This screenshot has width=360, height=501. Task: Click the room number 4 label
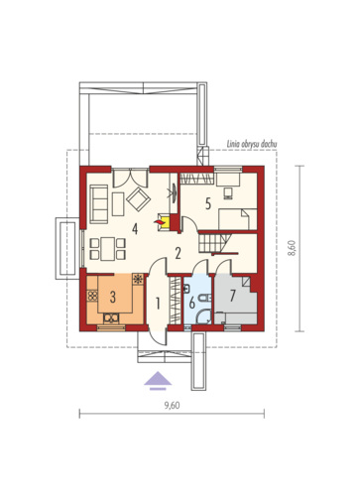tap(135, 229)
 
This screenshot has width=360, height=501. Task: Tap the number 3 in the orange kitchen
tap(113, 297)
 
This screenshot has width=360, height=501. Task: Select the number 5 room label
tap(208, 203)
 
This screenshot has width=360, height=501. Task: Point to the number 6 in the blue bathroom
tap(192, 303)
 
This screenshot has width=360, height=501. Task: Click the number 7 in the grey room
tap(232, 296)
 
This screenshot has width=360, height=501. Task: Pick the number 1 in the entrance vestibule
tap(158, 304)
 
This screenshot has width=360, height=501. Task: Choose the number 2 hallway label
tap(178, 254)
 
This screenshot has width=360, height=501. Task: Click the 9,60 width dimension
tap(173, 406)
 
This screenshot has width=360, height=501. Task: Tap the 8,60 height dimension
tap(292, 248)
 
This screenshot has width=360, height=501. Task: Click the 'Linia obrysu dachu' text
tap(252, 144)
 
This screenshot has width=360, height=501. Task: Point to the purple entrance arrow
tap(158, 381)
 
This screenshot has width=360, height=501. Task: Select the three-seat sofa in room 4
tap(99, 203)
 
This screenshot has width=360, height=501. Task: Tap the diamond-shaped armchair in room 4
tap(138, 199)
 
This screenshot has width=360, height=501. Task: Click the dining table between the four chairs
tap(108, 249)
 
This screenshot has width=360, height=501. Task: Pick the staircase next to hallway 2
tap(215, 243)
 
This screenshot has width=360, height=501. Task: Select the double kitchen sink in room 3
tap(111, 318)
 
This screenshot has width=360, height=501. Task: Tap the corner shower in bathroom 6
tap(204, 316)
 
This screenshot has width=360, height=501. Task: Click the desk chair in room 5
tap(228, 193)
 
